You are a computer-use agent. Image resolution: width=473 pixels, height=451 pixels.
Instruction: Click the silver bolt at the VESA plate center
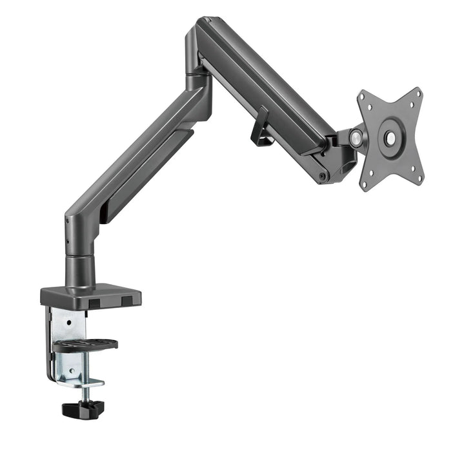[390, 137]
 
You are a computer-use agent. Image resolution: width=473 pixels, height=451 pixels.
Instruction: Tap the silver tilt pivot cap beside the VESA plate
[355, 137]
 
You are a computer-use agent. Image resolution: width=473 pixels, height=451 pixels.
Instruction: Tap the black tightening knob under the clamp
[83, 408]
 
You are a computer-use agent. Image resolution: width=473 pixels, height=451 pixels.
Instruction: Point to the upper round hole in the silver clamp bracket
[67, 318]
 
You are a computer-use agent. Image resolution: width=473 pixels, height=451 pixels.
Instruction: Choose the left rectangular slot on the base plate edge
[95, 302]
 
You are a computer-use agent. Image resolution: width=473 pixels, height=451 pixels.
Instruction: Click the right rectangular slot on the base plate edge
[128, 300]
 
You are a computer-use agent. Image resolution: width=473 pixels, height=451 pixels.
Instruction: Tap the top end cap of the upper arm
[205, 26]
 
